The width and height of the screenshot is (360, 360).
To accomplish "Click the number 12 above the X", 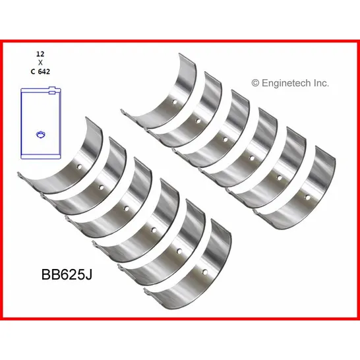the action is tap(40, 54).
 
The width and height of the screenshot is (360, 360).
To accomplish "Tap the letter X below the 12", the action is tap(40, 63).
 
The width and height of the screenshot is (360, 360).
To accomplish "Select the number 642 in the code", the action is tap(44, 72).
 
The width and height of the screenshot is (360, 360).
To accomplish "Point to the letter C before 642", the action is tap(33, 72).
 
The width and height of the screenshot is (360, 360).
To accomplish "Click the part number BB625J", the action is tap(67, 274).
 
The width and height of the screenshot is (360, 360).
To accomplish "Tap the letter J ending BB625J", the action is tap(89, 274).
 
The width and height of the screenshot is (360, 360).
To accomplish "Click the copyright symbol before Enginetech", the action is tap(255, 83).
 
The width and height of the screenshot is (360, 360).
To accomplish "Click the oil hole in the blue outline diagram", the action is tap(41, 135).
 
